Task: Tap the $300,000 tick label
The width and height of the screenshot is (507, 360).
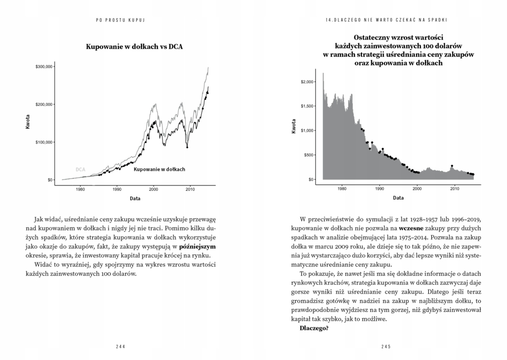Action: [44, 66]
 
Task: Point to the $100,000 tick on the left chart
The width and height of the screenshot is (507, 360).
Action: [44, 142]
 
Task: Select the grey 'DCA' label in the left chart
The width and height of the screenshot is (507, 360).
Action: [80, 169]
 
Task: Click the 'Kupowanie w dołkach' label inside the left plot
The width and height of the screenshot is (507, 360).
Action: [159, 169]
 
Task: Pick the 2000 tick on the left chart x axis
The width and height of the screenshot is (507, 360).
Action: [153, 188]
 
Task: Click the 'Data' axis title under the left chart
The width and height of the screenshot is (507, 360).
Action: [135, 199]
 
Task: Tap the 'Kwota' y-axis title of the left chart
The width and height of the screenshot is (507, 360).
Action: [28, 122]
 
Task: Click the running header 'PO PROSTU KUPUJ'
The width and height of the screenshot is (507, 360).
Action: [122, 20]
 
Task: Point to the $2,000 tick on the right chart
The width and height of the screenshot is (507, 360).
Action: [307, 82]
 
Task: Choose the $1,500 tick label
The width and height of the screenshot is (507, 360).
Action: [307, 106]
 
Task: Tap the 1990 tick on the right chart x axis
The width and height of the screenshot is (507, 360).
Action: [379, 188]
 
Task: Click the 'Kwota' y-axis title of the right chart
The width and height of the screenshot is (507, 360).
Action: [293, 127]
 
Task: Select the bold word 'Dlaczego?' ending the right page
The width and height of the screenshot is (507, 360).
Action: [314, 328]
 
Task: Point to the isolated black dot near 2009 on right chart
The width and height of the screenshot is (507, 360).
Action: [452, 166]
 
